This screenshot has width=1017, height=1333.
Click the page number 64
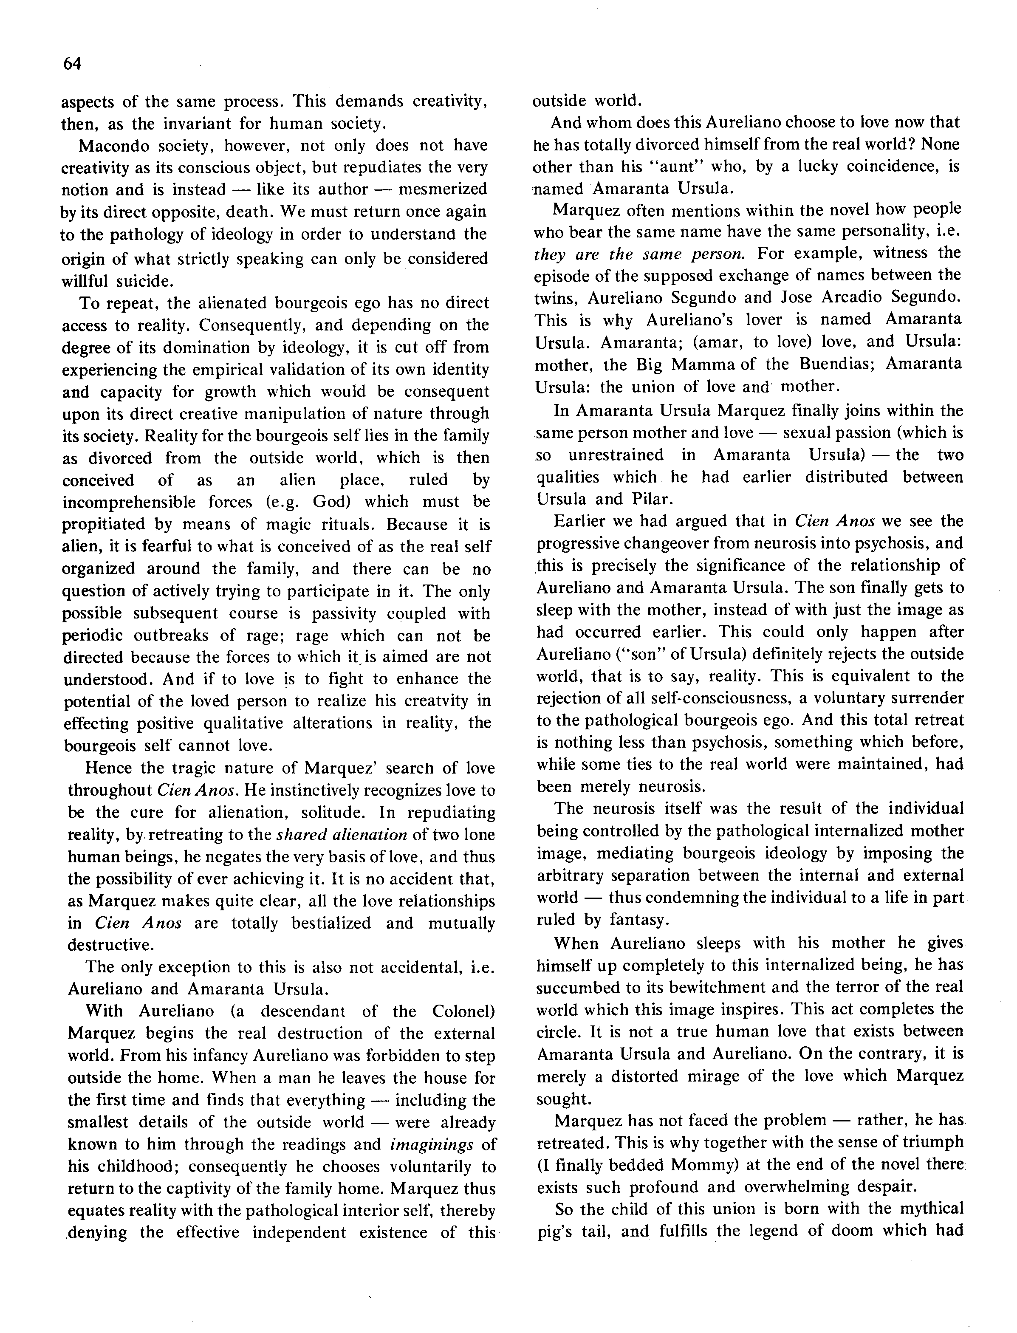click(71, 64)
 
